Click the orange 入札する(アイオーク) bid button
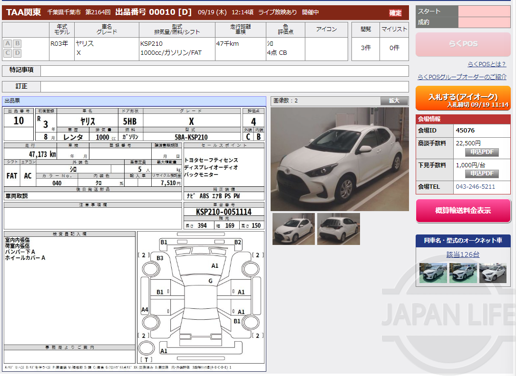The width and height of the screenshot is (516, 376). point(463,98)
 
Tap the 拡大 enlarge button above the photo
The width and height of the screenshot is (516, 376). point(394,101)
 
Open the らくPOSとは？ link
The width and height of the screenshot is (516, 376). point(487,64)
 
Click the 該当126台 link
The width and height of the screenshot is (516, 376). point(463,254)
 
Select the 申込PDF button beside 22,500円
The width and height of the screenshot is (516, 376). point(482,152)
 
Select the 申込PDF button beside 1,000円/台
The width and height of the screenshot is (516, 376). point(482,173)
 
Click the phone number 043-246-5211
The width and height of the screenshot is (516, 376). point(475,187)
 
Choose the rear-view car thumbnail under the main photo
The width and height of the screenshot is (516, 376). point(338,229)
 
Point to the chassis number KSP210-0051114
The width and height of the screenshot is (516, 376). point(224,212)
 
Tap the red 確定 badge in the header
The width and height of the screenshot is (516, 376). point(395,13)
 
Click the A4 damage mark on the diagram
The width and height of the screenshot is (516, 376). point(145,310)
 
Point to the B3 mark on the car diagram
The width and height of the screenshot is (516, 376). point(160,258)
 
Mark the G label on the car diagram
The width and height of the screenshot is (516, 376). point(210,281)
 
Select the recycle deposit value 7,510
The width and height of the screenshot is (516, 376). point(168,183)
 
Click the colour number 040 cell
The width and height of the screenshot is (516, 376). point(57,183)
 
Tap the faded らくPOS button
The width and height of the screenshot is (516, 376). point(463,44)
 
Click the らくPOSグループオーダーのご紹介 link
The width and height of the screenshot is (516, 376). point(462,77)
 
